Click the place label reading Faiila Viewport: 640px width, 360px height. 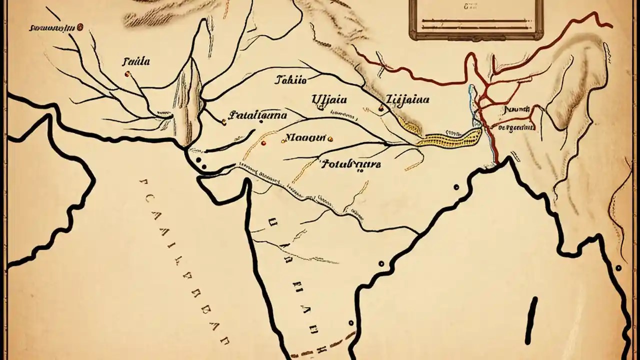tap(135, 62)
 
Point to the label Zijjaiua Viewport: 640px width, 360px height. tap(407, 99)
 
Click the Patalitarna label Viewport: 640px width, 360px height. tap(257, 115)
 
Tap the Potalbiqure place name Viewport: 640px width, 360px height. tap(350, 163)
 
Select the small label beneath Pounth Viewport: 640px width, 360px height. tap(517, 127)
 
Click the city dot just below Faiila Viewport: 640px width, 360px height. tap(127, 74)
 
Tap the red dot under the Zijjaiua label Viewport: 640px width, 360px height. tap(381, 108)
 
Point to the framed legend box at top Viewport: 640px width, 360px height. tap(475, 18)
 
